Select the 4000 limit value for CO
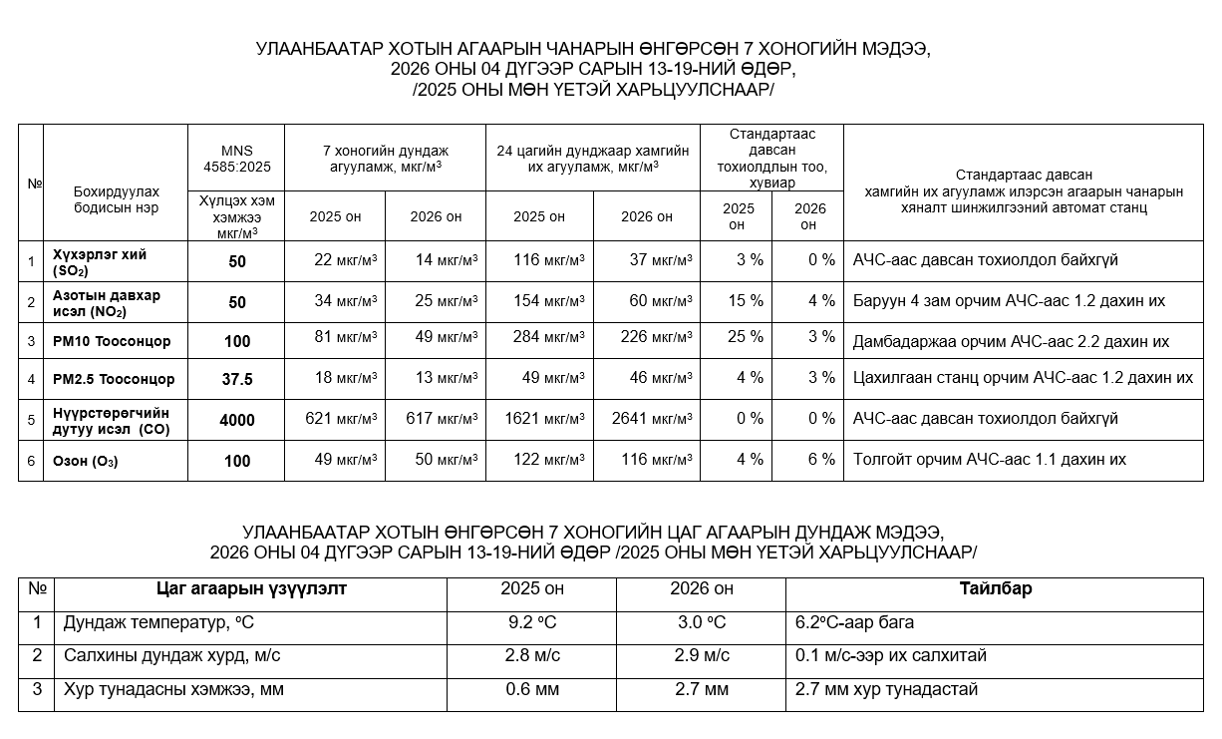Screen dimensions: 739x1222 237,421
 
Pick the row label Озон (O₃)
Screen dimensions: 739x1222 86,461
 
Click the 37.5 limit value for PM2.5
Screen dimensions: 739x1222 237,379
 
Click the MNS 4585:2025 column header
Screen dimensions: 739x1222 237,159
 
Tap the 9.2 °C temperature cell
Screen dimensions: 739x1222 531,623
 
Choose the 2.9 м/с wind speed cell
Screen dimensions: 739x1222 702,656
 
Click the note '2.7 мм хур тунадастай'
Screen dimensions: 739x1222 886,689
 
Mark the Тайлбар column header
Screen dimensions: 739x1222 996,588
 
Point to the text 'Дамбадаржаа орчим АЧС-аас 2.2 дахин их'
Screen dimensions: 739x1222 1011,341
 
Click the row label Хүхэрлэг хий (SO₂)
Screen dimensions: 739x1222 100,262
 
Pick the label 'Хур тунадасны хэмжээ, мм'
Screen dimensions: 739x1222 173,689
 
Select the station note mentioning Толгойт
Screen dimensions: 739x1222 990,460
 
